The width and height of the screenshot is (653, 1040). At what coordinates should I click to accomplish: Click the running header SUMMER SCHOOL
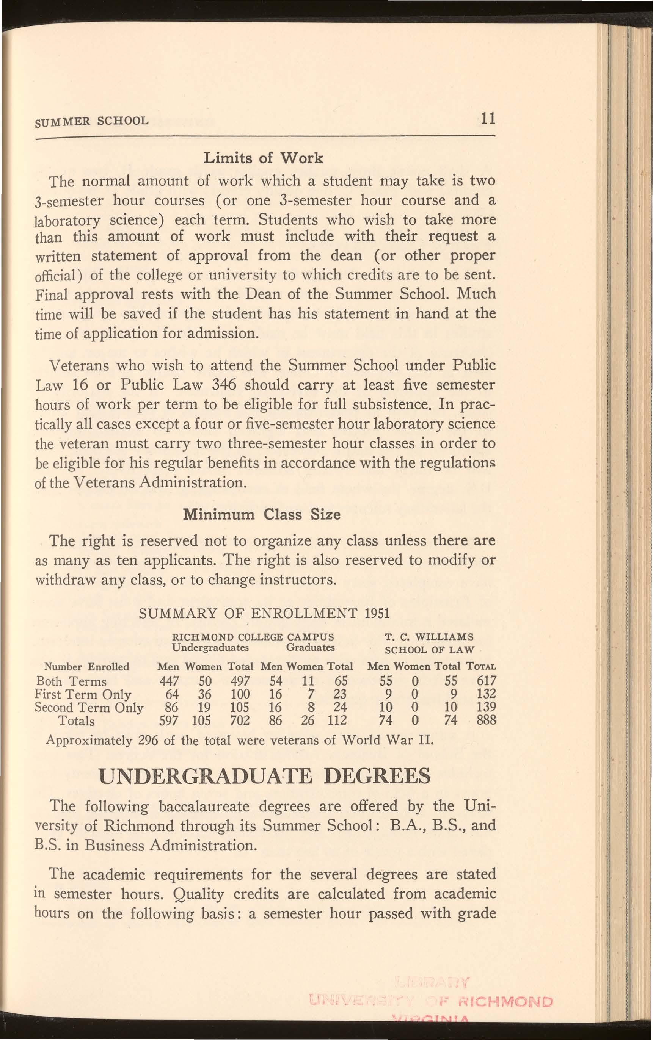pyautogui.click(x=91, y=120)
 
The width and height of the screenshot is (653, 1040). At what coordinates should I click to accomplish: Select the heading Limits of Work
pyautogui.click(x=263, y=158)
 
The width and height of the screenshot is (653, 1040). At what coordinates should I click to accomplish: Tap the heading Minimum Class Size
pyautogui.click(x=262, y=515)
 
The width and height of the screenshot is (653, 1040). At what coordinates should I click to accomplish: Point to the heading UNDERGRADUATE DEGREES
pyautogui.click(x=265, y=776)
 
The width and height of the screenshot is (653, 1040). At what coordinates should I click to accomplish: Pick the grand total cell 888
pyautogui.click(x=487, y=720)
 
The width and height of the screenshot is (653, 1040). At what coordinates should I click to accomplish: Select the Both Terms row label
pyautogui.click(x=71, y=682)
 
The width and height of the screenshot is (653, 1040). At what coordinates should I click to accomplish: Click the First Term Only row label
pyautogui.click(x=83, y=694)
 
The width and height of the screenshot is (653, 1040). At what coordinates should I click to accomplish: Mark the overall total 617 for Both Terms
pyautogui.click(x=487, y=682)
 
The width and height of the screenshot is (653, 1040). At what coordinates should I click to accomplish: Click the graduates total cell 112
pyautogui.click(x=337, y=720)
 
